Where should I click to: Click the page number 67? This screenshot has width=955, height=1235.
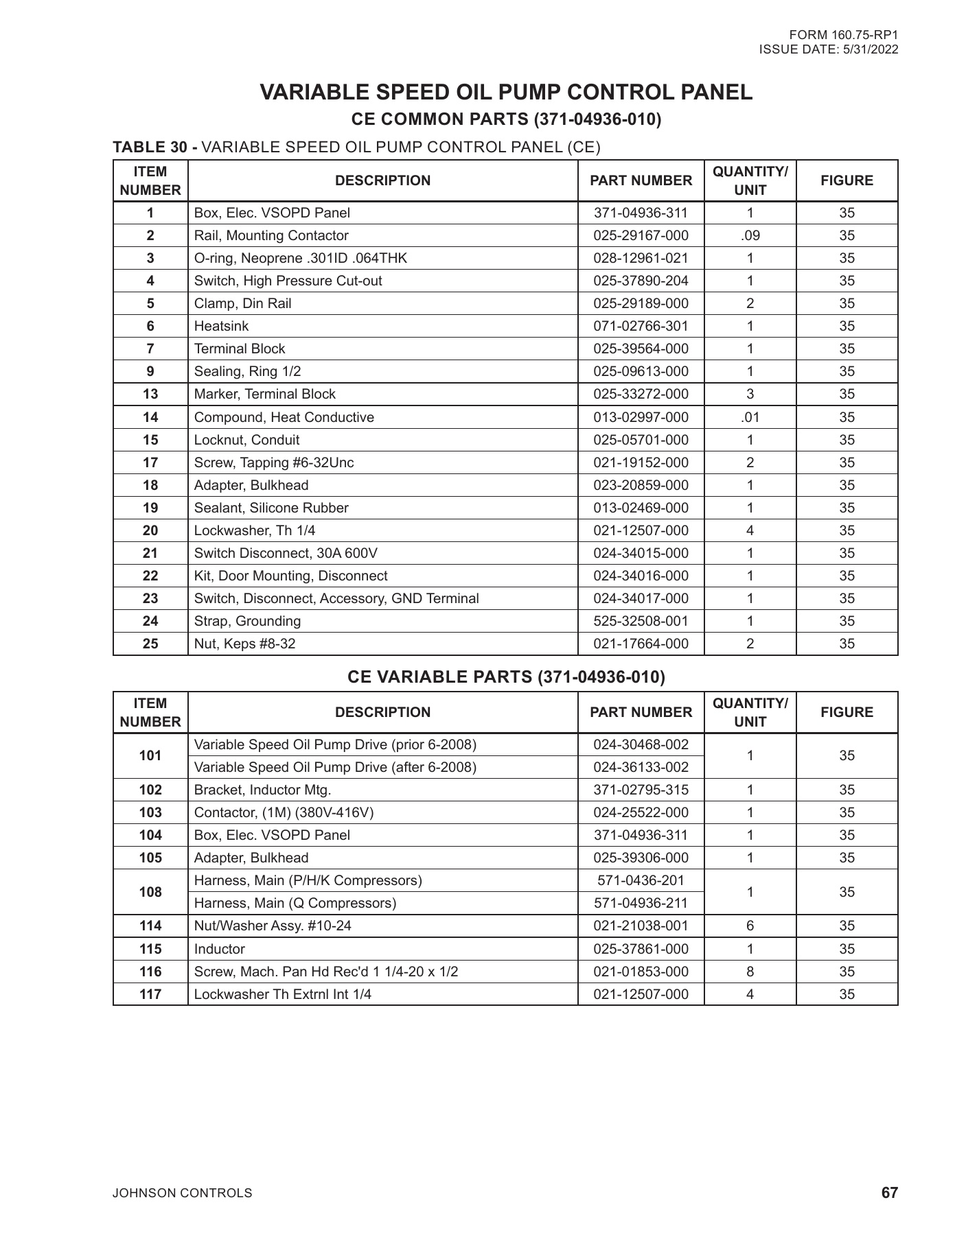(x=889, y=1193)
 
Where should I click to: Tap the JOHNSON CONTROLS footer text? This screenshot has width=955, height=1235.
(x=183, y=1194)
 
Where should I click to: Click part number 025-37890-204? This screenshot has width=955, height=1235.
(x=641, y=281)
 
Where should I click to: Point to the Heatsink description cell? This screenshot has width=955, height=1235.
(x=222, y=327)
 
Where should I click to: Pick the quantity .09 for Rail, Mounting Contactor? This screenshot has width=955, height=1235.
(x=750, y=236)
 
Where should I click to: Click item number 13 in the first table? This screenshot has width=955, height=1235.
(x=150, y=395)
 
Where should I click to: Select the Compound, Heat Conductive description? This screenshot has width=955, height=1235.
(x=284, y=418)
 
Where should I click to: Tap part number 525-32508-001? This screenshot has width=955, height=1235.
(x=641, y=622)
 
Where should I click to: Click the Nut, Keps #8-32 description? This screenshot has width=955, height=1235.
(x=245, y=644)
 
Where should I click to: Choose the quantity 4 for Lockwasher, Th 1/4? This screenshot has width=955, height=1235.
(x=750, y=531)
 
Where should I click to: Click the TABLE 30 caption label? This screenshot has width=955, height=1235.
(x=156, y=148)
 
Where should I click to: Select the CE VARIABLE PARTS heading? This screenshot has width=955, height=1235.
(x=506, y=678)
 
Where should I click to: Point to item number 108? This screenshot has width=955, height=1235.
(x=150, y=893)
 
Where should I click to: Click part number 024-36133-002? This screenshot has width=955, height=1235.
(x=641, y=768)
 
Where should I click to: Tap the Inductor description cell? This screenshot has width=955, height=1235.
(x=220, y=950)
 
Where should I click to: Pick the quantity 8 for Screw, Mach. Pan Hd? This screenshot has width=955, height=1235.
(x=750, y=972)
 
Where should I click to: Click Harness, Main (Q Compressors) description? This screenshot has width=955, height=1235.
(x=295, y=904)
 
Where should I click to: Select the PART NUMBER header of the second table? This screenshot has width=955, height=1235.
(x=641, y=713)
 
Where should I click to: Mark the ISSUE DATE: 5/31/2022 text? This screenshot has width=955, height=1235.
(x=829, y=50)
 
